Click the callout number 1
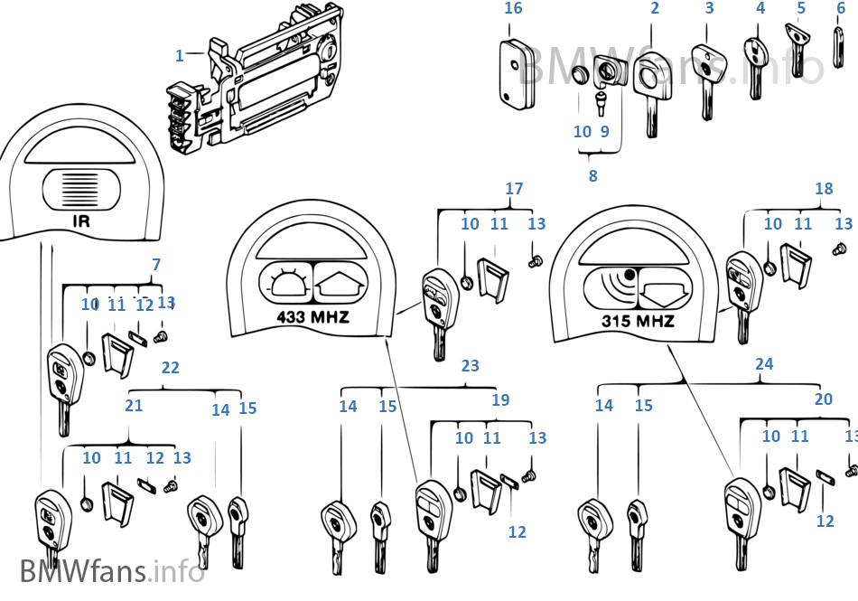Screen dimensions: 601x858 point(179,55)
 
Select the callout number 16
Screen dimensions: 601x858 point(513,9)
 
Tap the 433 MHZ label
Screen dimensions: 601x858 point(312,317)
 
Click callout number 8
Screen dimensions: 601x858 point(592,176)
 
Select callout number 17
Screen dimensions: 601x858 point(514,190)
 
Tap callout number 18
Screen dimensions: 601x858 point(824,190)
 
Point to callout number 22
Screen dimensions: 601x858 point(170,368)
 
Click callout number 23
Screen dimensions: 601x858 point(470,367)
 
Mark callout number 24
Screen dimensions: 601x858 point(764,364)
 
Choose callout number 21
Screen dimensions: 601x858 point(134,406)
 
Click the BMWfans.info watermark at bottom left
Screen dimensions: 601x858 point(112,571)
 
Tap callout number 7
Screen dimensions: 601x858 point(156,265)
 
